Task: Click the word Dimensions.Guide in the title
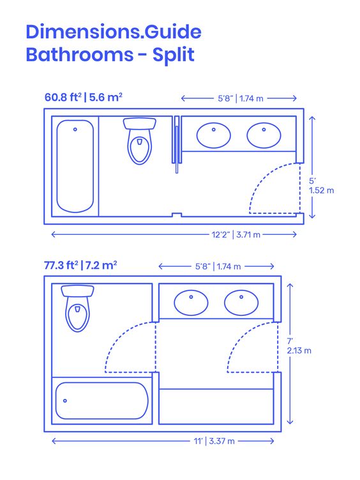pos(114,31)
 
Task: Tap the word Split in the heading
pos(173,55)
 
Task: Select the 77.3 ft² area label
pos(61,265)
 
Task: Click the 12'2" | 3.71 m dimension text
pos(236,235)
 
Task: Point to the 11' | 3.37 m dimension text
pos(214,441)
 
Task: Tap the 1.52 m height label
pos(322,190)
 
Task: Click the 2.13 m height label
pos(299,350)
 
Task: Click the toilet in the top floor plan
pos(140,141)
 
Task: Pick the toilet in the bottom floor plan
pos(77,308)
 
